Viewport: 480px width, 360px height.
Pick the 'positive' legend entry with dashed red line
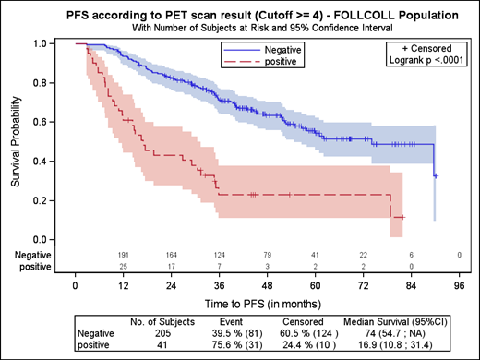pyautogui.click(x=281, y=62)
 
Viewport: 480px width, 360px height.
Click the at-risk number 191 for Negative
pyautogui.click(x=123, y=253)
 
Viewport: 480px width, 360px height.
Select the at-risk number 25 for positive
pyautogui.click(x=123, y=265)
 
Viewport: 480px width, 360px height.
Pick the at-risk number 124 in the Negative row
pyautogui.click(x=219, y=253)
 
